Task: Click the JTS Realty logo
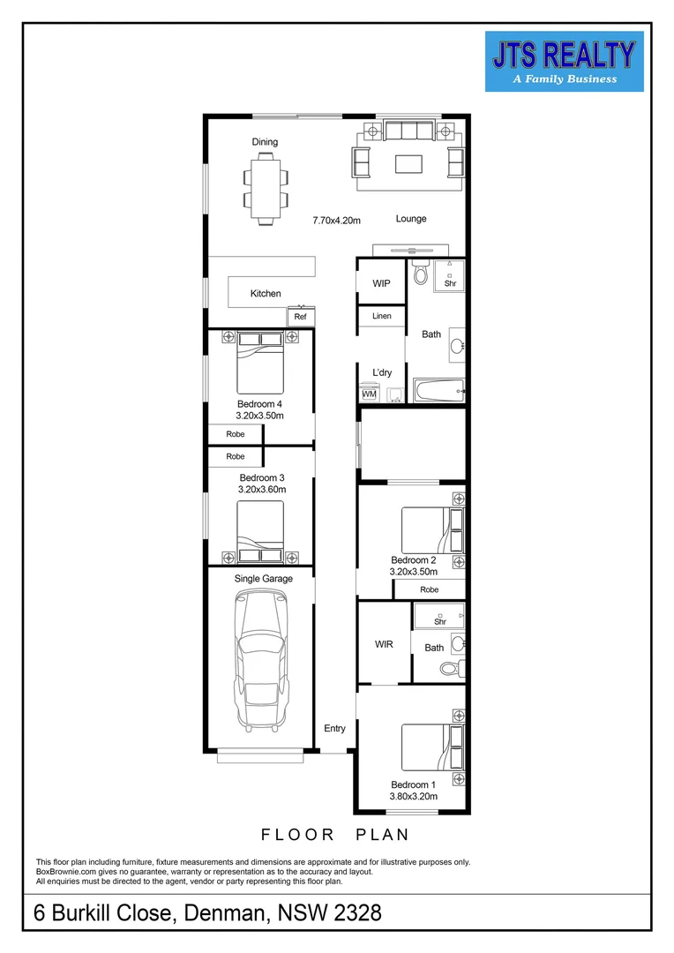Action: pyautogui.click(x=564, y=61)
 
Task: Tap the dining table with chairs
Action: pyautogui.click(x=266, y=186)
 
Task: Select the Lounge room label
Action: pyautogui.click(x=411, y=219)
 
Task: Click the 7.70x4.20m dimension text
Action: pyautogui.click(x=337, y=220)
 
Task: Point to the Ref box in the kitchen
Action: pyautogui.click(x=300, y=317)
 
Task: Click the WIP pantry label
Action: pyautogui.click(x=381, y=283)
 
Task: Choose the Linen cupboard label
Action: pyautogui.click(x=381, y=316)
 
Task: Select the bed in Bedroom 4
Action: pyautogui.click(x=260, y=364)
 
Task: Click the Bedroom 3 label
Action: pyautogui.click(x=262, y=477)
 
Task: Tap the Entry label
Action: pyautogui.click(x=335, y=728)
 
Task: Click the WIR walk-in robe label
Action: pyautogui.click(x=384, y=645)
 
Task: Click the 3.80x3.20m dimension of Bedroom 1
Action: pyautogui.click(x=413, y=797)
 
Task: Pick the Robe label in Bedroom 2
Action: pyautogui.click(x=429, y=589)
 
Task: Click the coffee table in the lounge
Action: pyautogui.click(x=408, y=163)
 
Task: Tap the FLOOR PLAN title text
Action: pyautogui.click(x=335, y=834)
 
